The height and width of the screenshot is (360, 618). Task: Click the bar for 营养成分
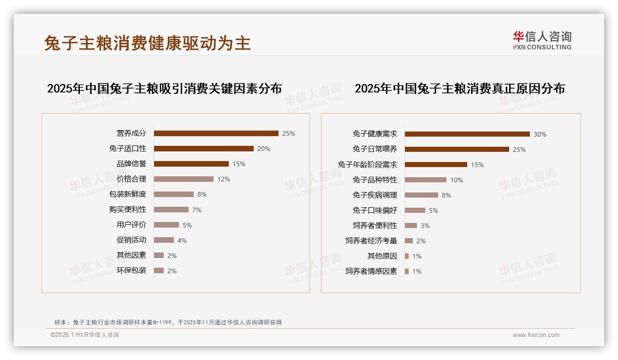click(216, 133)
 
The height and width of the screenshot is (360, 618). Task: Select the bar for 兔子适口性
click(203, 149)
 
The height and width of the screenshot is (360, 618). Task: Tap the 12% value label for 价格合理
click(224, 179)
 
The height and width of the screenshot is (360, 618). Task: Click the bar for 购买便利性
click(171, 210)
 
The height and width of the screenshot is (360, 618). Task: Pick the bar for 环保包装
click(159, 270)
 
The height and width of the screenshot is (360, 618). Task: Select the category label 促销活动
click(131, 240)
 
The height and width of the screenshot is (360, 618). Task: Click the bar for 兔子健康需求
click(467, 134)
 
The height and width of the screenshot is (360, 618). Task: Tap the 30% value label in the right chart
click(540, 134)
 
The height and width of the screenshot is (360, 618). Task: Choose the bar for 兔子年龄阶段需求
click(436, 165)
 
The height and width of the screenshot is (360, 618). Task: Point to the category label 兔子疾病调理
click(375, 195)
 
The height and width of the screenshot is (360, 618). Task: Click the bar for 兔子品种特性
click(426, 180)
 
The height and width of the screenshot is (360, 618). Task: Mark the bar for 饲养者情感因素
click(407, 271)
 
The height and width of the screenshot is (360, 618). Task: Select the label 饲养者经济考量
click(371, 241)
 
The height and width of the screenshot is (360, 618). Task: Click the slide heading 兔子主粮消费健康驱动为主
click(148, 43)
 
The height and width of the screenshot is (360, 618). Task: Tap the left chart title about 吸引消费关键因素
click(164, 88)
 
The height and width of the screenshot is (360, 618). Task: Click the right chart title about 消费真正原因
click(459, 88)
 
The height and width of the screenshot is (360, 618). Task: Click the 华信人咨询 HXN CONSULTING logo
click(542, 41)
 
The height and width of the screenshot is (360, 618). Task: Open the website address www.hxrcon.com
click(536, 335)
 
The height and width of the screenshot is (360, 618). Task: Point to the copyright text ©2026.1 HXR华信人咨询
click(85, 335)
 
